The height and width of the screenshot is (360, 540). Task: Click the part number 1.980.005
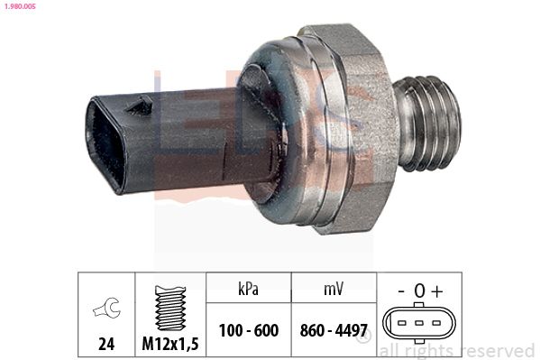20,6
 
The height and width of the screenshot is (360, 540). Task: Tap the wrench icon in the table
107,308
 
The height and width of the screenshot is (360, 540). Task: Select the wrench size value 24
106,344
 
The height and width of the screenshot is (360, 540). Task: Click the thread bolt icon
170,308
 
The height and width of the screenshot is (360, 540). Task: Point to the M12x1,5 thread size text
170,344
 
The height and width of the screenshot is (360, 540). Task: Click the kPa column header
248,289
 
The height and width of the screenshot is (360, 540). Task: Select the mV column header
334,289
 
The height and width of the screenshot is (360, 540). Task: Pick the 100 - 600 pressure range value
249,330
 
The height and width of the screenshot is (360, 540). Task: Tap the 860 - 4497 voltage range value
334,330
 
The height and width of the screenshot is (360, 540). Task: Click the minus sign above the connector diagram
401,291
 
